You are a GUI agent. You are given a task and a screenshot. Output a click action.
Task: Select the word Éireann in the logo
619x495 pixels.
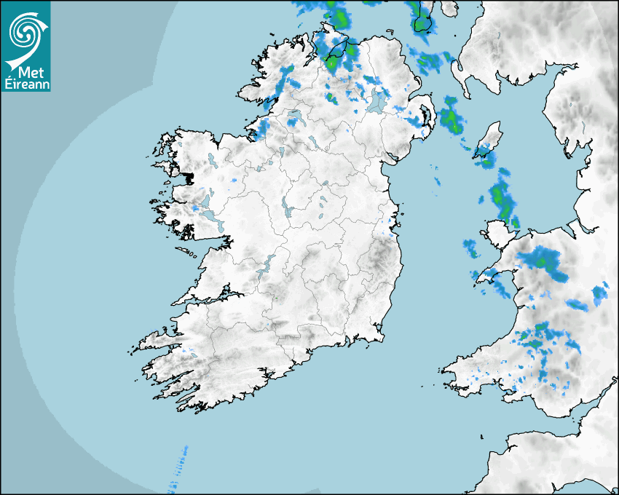pyautogui.click(x=25, y=83)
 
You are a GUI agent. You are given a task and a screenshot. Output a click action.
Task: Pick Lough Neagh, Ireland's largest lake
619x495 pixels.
pyautogui.click(x=376, y=102)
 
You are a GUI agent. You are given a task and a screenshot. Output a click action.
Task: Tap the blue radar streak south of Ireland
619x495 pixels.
pyautogui.click(x=178, y=466)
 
